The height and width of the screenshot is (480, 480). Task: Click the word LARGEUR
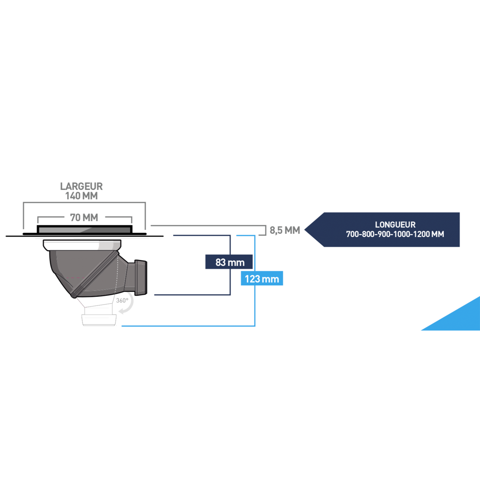[x=81, y=186]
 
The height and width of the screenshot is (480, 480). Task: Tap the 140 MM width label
[x=81, y=196]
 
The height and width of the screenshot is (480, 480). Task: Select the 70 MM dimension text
[x=84, y=218]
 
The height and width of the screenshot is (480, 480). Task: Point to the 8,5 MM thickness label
[x=284, y=230]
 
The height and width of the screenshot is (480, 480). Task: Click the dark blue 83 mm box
[x=229, y=262]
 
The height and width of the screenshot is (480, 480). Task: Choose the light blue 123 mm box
[x=262, y=279]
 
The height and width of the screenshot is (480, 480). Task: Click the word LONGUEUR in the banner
[x=395, y=225]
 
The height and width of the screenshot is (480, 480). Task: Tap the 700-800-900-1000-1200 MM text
[x=395, y=234]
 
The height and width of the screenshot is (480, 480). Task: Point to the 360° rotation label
[x=122, y=300]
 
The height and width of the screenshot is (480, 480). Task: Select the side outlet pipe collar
[x=141, y=277]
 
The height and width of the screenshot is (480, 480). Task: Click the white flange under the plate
[x=82, y=245]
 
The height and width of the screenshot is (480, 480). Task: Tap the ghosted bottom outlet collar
[x=99, y=320]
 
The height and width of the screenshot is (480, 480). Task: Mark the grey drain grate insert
[x=84, y=230]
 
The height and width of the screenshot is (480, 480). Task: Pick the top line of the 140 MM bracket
[x=84, y=202]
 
